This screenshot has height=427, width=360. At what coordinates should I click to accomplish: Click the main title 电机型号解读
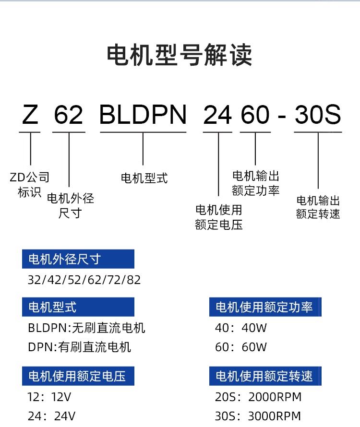coord(180,55)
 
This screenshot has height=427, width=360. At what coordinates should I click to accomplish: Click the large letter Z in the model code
coord(30,115)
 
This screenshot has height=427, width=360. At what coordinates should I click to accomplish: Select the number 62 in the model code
coord(69,115)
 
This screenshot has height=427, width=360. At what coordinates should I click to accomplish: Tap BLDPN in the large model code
coord(143,115)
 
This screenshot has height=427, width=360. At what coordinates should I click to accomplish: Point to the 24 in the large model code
coord(217,115)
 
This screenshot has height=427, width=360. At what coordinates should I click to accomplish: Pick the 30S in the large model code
coord(318,115)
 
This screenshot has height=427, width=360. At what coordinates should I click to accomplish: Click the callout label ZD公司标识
coord(29,185)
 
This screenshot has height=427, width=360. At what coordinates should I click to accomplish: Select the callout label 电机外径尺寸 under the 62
coord(70,206)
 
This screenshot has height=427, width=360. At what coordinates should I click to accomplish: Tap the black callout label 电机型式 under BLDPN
coord(144,178)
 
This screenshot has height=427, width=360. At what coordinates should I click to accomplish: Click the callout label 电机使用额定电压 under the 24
coord(218,217)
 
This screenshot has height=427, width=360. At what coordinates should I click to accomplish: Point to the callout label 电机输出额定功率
coord(256,183)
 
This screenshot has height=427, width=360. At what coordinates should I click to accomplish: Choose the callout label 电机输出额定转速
coord(318,207)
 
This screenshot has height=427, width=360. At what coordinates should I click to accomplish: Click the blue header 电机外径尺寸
coord(78,259)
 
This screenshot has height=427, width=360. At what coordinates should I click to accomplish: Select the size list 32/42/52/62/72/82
coord(84,280)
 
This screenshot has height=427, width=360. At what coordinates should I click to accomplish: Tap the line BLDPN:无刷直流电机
coord(86,328)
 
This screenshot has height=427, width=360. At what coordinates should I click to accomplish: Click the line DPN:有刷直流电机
coord(80,347)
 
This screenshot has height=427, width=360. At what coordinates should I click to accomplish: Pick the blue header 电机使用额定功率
coord(265,307)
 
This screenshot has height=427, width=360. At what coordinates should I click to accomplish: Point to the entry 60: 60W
coord(241,347)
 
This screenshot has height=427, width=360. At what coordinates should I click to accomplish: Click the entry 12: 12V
coord(49,397)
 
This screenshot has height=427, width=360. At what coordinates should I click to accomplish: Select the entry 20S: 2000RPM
coord(258,397)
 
